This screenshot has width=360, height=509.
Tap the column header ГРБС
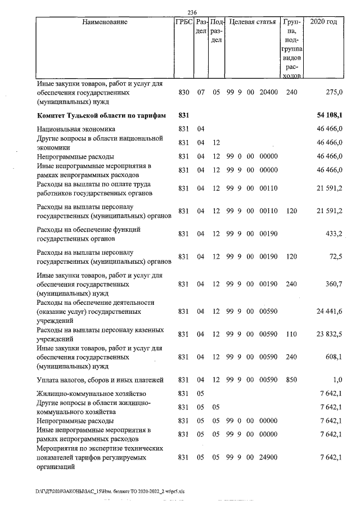[184, 22]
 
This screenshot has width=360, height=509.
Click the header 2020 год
[327, 22]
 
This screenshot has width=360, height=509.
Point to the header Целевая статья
[251, 22]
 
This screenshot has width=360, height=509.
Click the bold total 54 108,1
[330, 115]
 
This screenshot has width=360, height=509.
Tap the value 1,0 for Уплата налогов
[338, 380]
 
